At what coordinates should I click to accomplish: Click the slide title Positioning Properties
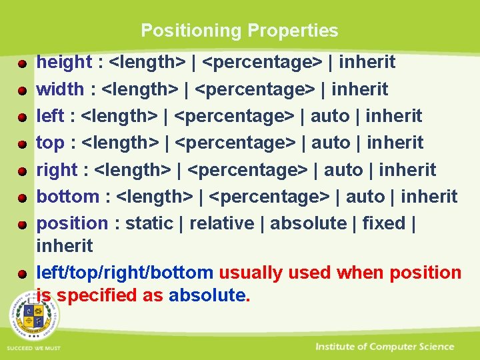point(239,31)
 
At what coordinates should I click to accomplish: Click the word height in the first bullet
point(63,63)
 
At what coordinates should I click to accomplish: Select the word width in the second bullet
point(60,89)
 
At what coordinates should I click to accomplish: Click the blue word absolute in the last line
point(207,295)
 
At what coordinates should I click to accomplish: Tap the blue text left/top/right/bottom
point(125,273)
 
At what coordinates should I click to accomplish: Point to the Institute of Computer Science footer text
point(385,347)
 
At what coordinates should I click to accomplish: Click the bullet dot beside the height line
point(22,64)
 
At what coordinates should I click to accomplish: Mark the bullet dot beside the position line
point(22,225)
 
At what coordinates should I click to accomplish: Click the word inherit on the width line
point(360,89)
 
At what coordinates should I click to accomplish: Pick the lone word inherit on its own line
point(65,246)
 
